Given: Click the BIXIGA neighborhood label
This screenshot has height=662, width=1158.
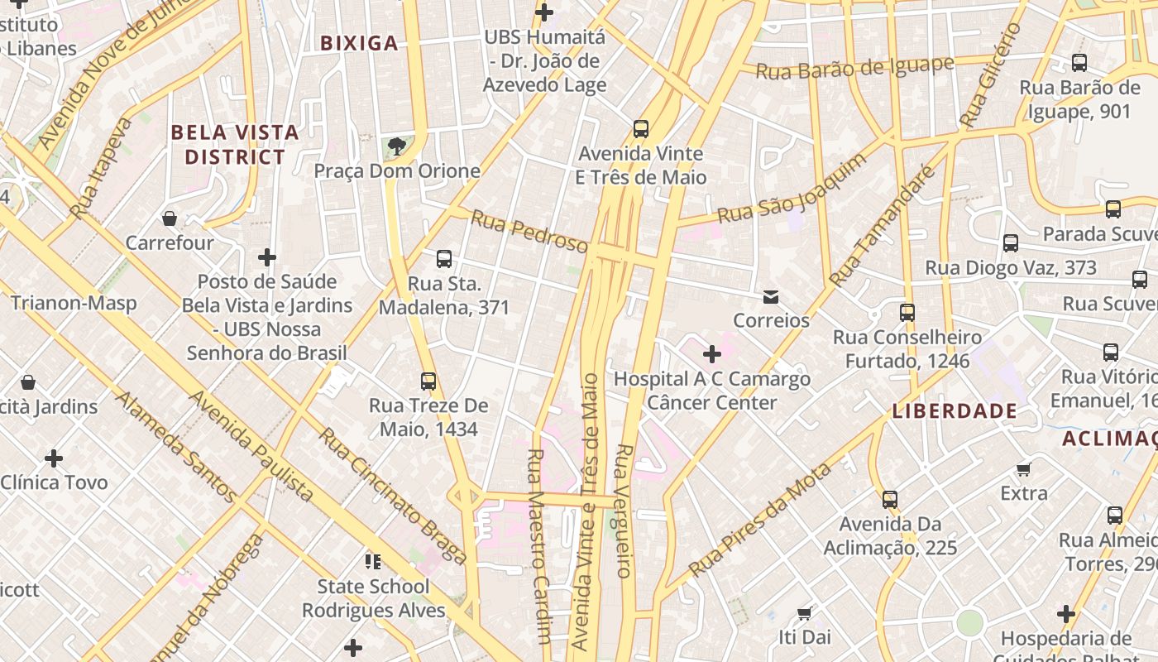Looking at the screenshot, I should (x=359, y=43).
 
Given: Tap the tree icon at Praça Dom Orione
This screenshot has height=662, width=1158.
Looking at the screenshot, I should (x=397, y=146).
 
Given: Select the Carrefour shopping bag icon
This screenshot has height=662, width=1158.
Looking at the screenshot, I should (x=170, y=218).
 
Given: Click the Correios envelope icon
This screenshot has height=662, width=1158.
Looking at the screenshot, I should (x=771, y=296).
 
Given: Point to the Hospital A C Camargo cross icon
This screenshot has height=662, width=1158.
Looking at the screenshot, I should (x=711, y=355).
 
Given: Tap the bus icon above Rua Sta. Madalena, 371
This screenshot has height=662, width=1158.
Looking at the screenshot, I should (x=444, y=259).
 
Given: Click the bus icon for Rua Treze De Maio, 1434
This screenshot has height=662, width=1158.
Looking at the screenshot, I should (x=428, y=381).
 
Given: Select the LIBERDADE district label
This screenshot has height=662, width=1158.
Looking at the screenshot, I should (x=955, y=411).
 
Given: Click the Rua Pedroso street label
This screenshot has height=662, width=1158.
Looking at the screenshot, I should (x=529, y=231).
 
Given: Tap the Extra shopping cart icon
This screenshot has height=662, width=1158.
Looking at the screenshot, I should (x=1024, y=470).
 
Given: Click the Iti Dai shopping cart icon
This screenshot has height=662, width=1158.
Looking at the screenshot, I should (x=804, y=613).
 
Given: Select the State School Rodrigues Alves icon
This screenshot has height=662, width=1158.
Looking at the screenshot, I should (x=373, y=562).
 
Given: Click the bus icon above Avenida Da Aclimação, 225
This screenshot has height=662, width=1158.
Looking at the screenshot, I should (x=890, y=500).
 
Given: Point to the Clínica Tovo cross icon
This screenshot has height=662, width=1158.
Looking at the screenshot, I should (x=54, y=458).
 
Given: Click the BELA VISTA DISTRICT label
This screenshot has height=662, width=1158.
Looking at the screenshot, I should (x=234, y=144).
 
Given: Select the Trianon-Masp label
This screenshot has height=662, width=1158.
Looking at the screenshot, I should (x=74, y=303).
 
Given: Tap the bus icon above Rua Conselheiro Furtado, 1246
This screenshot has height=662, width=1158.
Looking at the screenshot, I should (x=907, y=313).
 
